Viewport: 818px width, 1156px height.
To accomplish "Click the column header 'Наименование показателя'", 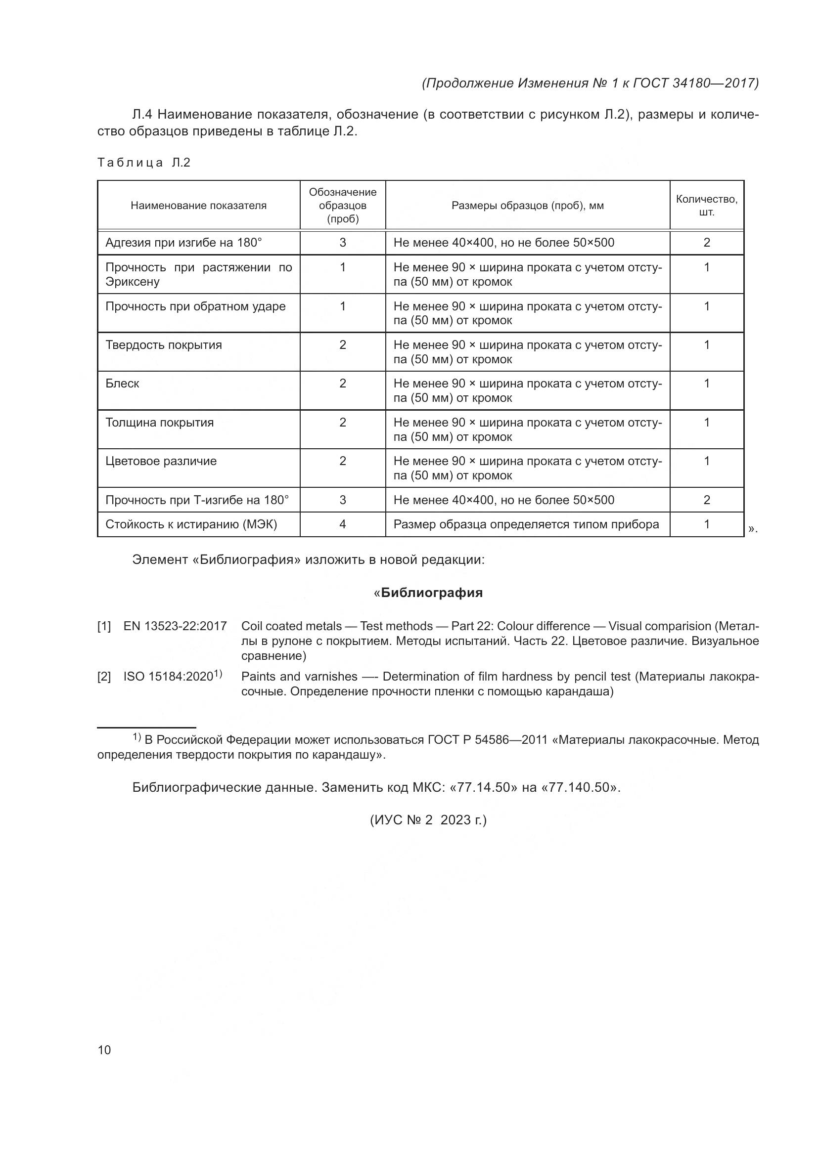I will click(x=198, y=206).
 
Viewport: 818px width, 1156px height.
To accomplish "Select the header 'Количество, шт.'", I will click(x=706, y=206).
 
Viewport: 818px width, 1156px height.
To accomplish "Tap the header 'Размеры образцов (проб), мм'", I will click(x=527, y=206).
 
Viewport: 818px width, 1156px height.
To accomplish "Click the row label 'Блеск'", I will click(x=122, y=384).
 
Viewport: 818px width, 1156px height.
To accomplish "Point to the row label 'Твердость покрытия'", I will click(x=164, y=345).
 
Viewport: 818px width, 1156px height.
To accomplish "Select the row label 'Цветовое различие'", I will click(x=161, y=461).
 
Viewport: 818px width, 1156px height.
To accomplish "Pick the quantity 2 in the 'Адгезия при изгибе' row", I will click(x=706, y=243).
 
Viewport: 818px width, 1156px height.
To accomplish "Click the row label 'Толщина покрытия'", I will click(x=160, y=423).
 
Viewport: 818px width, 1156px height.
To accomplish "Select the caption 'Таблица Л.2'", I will click(x=144, y=163).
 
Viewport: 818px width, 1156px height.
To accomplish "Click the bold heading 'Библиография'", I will click(x=432, y=593).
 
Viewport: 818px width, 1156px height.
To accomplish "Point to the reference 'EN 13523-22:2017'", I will click(x=175, y=626).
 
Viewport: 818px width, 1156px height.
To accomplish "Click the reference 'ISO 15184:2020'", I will click(x=169, y=677).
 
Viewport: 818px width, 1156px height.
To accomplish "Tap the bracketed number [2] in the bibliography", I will click(x=104, y=677).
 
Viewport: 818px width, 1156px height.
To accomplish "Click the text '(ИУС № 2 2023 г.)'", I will click(x=428, y=820).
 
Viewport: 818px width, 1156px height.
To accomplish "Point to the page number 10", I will click(x=104, y=1050).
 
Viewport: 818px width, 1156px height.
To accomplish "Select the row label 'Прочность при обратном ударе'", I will click(x=195, y=306).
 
